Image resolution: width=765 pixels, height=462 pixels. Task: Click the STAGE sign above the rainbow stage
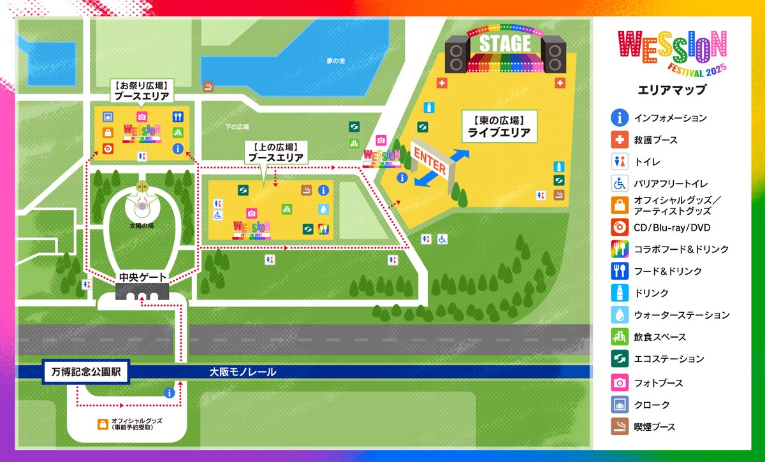[x=504, y=44]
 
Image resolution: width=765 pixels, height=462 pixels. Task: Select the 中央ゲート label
[x=143, y=278]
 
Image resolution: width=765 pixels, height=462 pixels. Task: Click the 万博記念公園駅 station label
[x=87, y=372]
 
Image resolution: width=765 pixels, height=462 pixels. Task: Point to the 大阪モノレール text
[x=243, y=372]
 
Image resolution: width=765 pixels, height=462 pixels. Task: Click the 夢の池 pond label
[x=335, y=61]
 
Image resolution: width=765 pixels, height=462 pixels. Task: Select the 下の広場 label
[x=237, y=127]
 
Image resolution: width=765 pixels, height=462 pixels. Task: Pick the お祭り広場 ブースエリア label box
[x=142, y=90]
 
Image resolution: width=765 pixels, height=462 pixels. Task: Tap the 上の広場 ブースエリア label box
[x=275, y=152]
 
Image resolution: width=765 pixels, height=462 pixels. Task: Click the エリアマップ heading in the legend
[x=672, y=90]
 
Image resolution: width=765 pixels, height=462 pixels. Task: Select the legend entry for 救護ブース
[x=655, y=140]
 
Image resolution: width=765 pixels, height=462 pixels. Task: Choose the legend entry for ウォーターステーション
[x=681, y=315]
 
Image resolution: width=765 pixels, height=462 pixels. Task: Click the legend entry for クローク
[x=652, y=405]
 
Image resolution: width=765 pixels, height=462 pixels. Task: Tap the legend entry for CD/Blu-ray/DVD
[x=672, y=227]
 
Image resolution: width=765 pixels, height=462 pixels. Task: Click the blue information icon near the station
[x=170, y=393]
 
